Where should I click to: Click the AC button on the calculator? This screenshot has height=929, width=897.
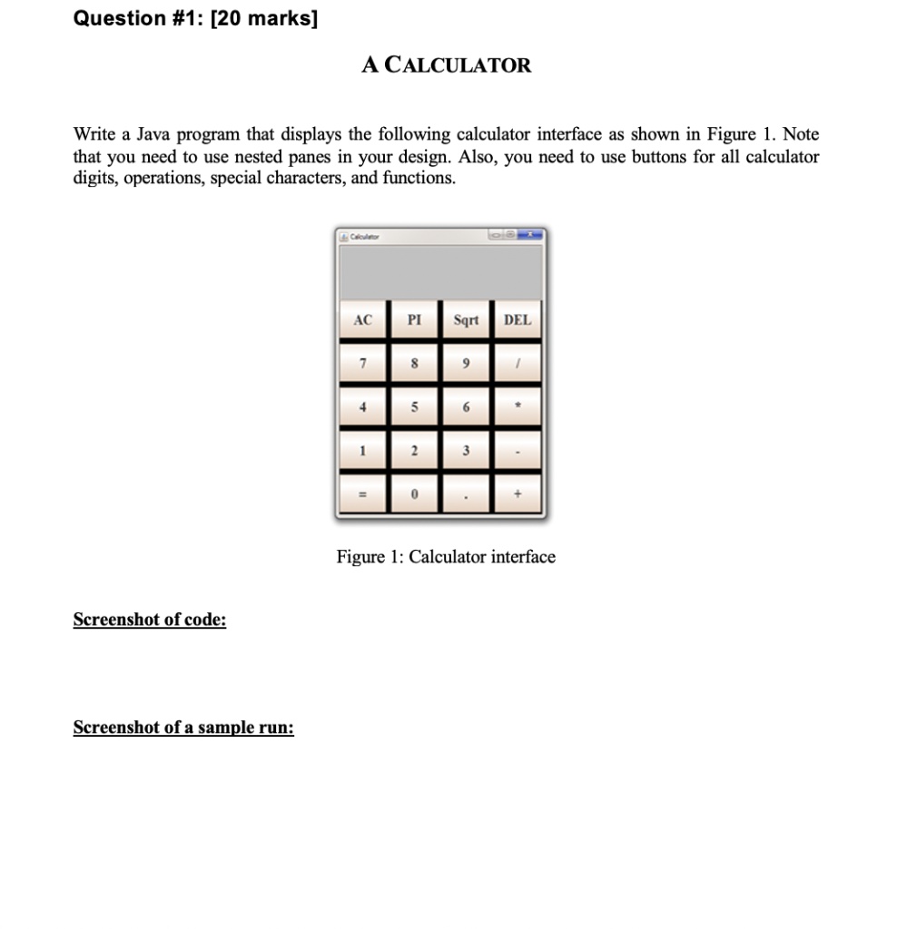click(363, 320)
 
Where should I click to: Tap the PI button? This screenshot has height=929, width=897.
click(414, 320)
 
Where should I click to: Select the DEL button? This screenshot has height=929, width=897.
click(517, 320)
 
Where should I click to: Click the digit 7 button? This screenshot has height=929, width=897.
click(363, 364)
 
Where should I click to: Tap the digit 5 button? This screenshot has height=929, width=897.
click(414, 407)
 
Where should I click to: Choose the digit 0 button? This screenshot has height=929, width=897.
click(414, 495)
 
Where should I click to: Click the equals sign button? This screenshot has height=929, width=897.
click(363, 495)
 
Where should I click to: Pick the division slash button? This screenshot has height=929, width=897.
click(517, 364)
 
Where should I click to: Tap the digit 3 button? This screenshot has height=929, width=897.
click(466, 451)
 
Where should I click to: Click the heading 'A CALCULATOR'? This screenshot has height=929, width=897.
click(446, 65)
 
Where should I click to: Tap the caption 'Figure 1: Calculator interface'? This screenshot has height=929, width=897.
click(446, 557)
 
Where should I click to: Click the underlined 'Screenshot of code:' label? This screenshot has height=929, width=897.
click(150, 620)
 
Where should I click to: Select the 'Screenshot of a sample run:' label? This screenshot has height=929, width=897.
click(183, 728)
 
